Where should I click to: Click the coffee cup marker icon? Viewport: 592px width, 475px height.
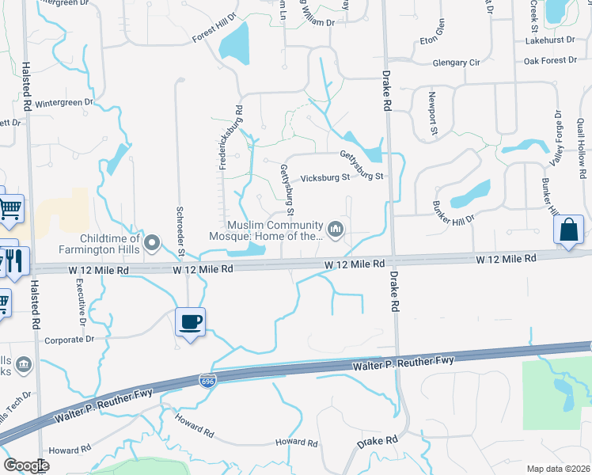coord(190,322)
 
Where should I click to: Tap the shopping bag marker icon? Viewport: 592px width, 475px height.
coord(570,230)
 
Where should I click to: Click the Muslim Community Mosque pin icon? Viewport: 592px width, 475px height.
coord(337,230)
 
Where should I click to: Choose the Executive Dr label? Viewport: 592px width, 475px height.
coord(81,305)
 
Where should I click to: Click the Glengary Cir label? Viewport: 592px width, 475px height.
coord(456,62)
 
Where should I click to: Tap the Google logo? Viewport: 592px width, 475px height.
coord(26,465)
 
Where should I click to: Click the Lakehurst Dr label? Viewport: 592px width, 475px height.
coord(551,40)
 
